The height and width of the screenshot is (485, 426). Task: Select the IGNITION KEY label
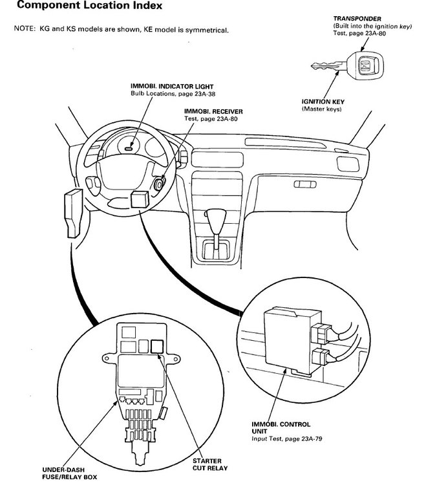(322, 102)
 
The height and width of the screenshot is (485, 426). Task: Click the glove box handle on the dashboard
(301, 184)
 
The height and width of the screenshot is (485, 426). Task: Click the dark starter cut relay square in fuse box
(156, 346)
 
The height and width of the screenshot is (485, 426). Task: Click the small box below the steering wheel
(140, 199)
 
